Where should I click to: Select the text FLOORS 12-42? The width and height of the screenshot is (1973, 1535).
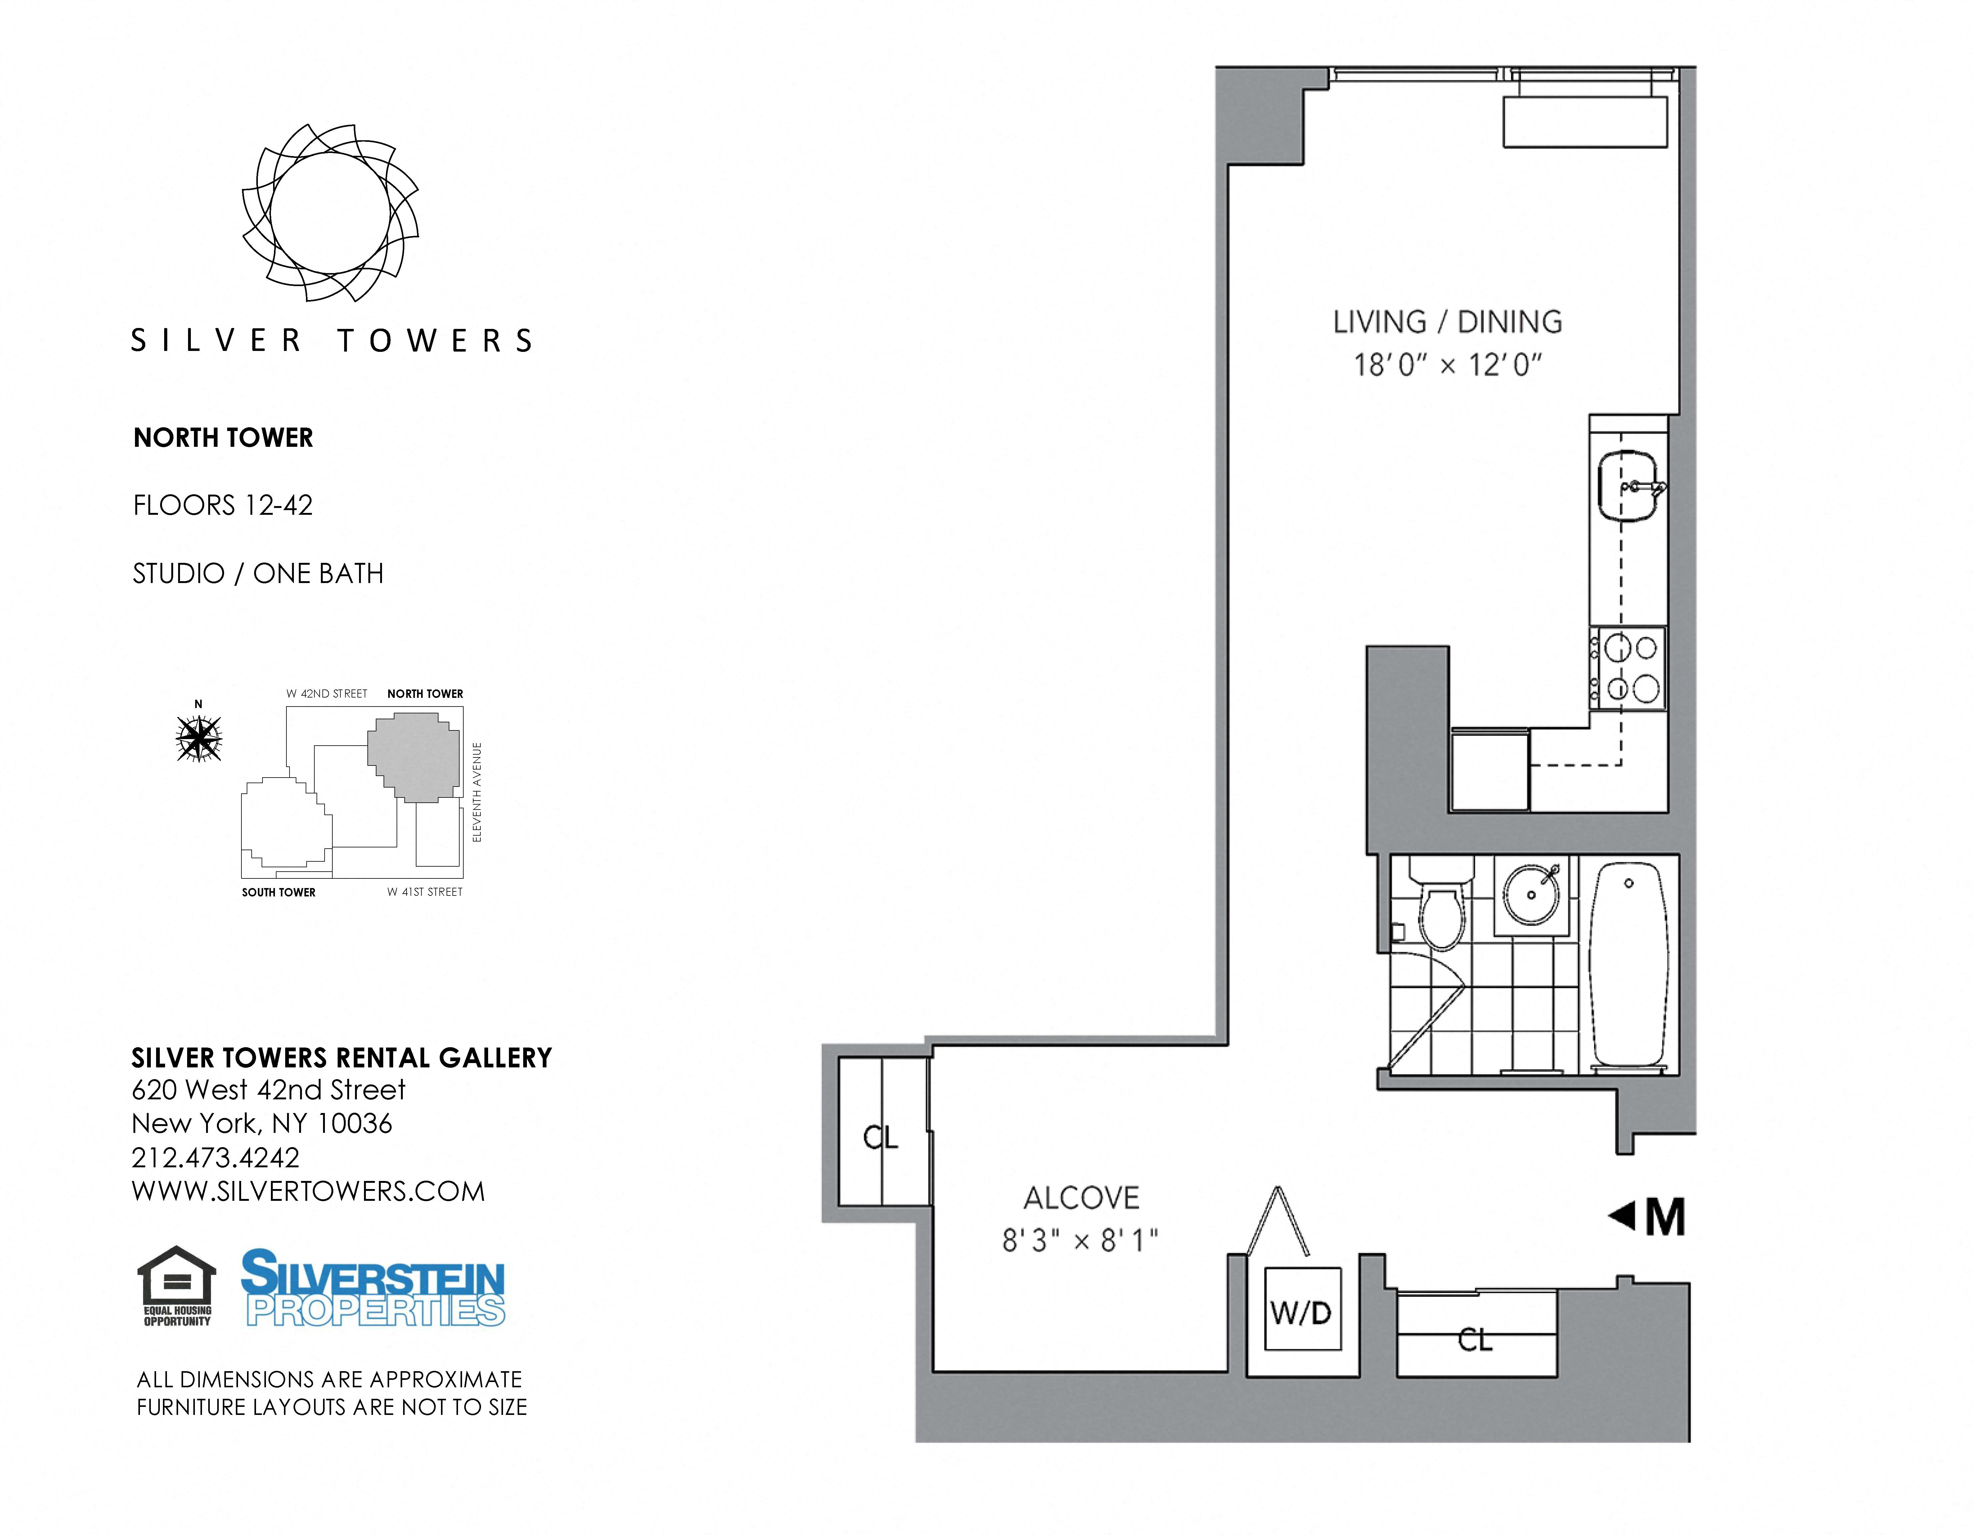(222, 505)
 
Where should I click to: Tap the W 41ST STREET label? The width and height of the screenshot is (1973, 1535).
(425, 892)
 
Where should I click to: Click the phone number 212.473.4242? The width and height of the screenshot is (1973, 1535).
(215, 1157)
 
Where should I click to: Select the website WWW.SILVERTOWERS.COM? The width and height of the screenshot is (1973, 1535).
(308, 1192)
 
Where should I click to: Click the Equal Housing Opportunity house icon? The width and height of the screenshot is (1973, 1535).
(177, 1285)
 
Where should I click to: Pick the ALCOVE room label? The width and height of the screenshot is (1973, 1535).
(1081, 1198)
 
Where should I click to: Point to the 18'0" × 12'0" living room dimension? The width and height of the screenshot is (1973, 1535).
(1447, 365)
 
